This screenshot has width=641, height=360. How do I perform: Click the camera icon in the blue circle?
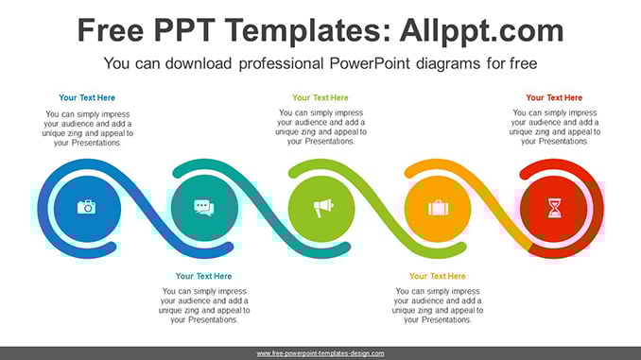(87, 207)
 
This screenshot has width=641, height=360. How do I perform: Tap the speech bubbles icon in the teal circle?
(204, 207)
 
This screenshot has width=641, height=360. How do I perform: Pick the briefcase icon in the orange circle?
(439, 208)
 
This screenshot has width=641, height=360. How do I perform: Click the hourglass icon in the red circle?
(554, 208)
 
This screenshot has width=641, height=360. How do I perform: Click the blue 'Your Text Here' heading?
(87, 97)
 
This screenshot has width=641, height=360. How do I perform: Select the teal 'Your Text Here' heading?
(203, 276)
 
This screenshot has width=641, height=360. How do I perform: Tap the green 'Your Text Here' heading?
(320, 97)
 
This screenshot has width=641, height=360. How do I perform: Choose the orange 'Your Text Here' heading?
(438, 276)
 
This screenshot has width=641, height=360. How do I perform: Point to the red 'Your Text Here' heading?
(554, 97)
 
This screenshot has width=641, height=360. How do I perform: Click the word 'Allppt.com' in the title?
(482, 31)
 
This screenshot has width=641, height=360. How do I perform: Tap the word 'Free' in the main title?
(111, 30)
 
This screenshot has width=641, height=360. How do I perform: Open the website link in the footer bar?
(320, 353)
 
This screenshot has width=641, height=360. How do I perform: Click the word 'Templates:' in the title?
(308, 31)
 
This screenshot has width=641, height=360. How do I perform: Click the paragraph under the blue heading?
(88, 129)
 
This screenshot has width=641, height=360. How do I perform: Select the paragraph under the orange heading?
(438, 305)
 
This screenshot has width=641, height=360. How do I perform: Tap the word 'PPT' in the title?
(184, 30)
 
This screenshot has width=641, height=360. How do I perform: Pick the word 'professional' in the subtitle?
(281, 63)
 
